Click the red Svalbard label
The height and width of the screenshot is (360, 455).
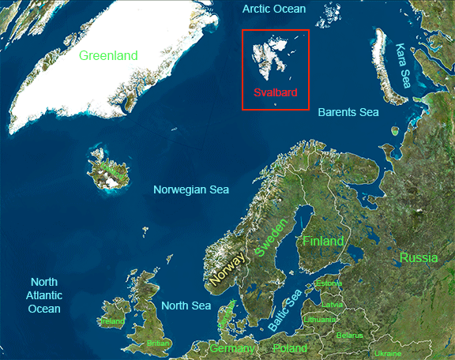(275, 92)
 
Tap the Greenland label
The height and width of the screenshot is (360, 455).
(108, 55)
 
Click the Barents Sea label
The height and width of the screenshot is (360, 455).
(348, 112)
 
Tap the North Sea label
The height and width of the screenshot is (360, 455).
(186, 306)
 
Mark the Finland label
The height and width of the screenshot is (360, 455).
(323, 241)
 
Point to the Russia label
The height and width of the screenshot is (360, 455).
(418, 257)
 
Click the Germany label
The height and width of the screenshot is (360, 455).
(232, 348)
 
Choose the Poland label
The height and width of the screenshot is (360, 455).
(289, 348)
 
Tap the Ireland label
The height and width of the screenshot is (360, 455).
(111, 322)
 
